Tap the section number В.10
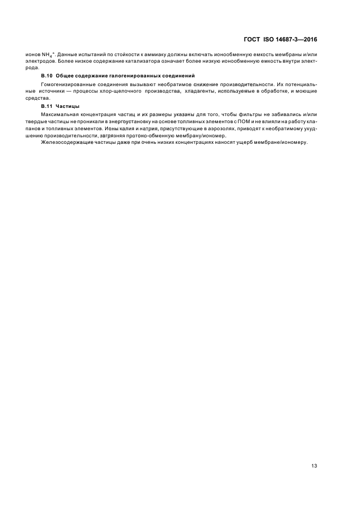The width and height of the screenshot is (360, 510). [47, 75]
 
